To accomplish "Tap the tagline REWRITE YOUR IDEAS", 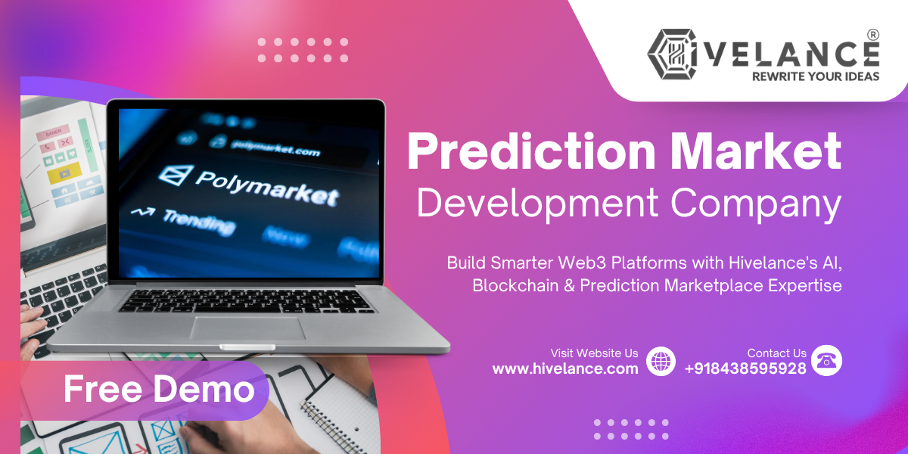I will click(815, 76).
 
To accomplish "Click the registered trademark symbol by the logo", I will click(872, 35).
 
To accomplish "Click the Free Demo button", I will click(158, 390).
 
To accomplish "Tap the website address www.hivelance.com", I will click(565, 368).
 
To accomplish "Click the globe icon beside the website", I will click(661, 361).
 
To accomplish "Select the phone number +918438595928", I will click(745, 368).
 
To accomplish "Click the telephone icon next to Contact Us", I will click(826, 361).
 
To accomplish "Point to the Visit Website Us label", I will click(594, 353).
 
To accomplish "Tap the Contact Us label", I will click(776, 353).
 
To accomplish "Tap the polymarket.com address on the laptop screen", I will click(275, 147).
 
